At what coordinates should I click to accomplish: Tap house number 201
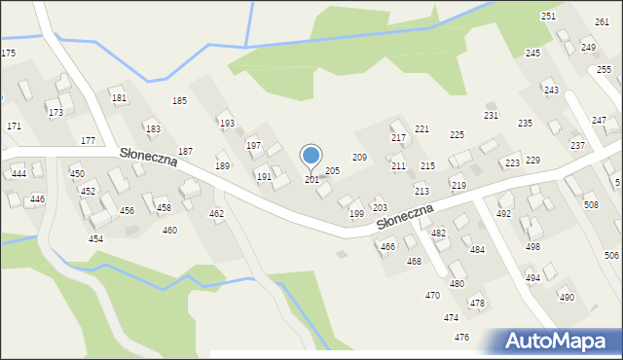pyautogui.click(x=311, y=180)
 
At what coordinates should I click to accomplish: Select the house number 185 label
pyautogui.click(x=179, y=101)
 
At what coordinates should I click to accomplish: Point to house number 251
pyautogui.click(x=548, y=17)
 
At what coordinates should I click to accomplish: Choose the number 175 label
pyautogui.click(x=8, y=53)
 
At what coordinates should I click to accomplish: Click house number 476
pyautogui.click(x=461, y=337)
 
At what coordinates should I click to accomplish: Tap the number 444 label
pyautogui.click(x=18, y=173)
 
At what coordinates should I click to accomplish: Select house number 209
pyautogui.click(x=359, y=157)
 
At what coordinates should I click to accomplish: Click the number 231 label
pyautogui.click(x=491, y=116)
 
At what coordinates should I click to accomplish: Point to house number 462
pyautogui.click(x=216, y=213)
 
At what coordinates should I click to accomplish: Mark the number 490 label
pyautogui.click(x=566, y=298)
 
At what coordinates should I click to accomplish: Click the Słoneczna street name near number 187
pyautogui.click(x=149, y=157)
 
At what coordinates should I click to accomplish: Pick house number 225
pyautogui.click(x=456, y=134)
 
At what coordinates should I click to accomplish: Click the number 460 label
pyautogui.click(x=169, y=231)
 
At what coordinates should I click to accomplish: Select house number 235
pyautogui.click(x=525, y=124)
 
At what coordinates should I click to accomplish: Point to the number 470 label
pyautogui.click(x=432, y=295)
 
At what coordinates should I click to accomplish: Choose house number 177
pyautogui.click(x=88, y=141)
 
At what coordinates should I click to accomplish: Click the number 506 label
pyautogui.click(x=611, y=255)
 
